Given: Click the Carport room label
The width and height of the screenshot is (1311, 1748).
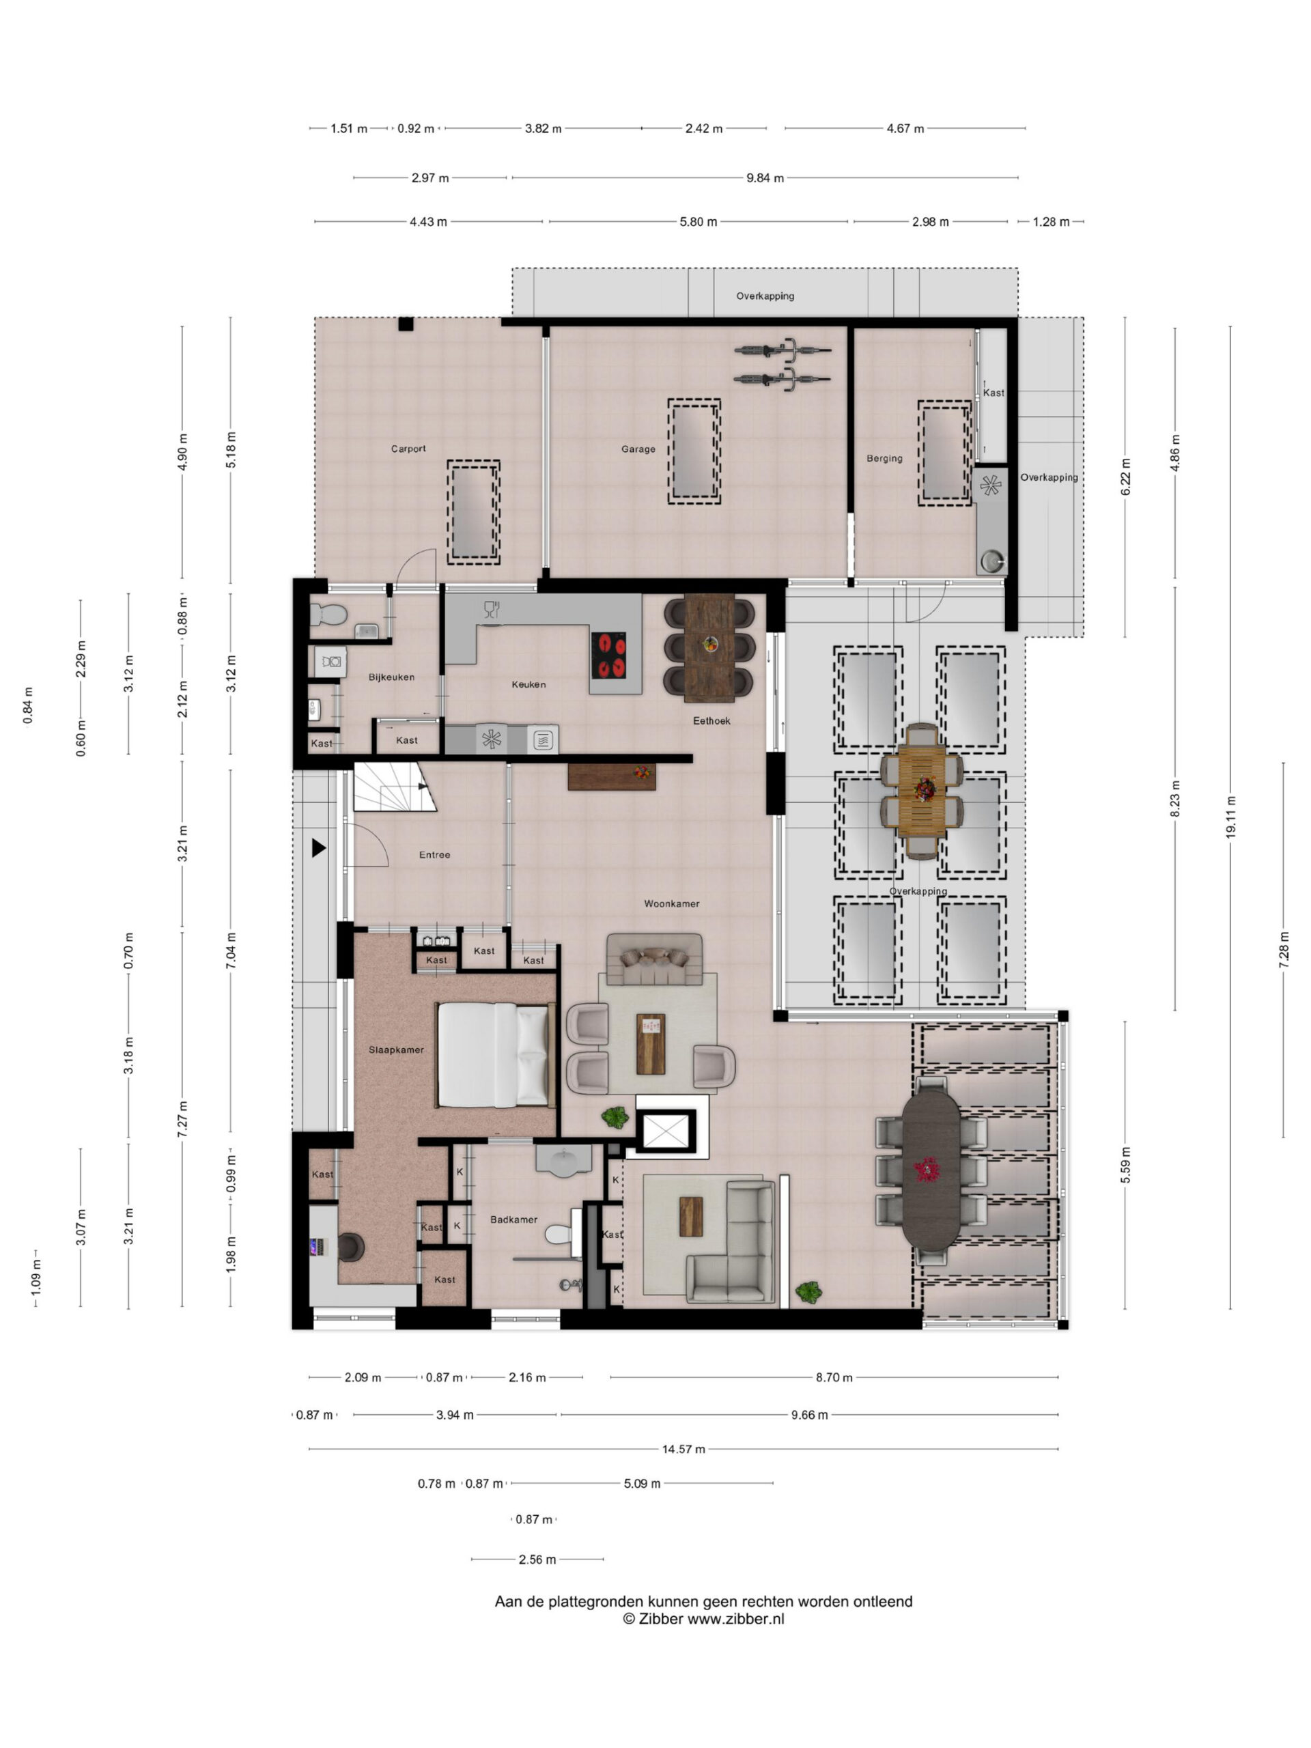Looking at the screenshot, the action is tap(408, 449).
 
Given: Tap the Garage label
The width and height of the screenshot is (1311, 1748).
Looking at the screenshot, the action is tap(638, 449).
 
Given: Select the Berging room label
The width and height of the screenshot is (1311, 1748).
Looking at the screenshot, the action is tap(884, 458).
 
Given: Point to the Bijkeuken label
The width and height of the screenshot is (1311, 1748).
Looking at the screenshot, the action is tap(391, 677).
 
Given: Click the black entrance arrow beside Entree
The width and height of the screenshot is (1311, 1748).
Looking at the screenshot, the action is tap(318, 848).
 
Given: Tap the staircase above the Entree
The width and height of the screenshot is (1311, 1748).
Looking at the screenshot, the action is tap(393, 787).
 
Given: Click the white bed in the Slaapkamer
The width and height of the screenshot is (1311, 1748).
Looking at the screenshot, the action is tap(493, 1055).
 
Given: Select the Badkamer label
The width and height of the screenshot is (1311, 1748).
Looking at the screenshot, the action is tap(513, 1220).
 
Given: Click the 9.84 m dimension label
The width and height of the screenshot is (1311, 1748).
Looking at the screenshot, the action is tap(765, 178).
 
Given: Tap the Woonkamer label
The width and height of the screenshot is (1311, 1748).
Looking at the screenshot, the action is tap(671, 903).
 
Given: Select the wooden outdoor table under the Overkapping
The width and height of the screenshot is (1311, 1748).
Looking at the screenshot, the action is tap(921, 790).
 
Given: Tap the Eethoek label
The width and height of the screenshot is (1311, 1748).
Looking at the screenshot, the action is tap(711, 720).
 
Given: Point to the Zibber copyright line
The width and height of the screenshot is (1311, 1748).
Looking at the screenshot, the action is tap(703, 1618).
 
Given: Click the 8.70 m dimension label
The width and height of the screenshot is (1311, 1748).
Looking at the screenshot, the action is tap(834, 1377).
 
